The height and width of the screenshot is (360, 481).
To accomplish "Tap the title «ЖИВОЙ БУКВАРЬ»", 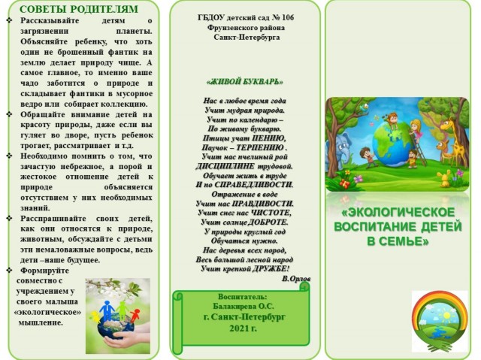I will [x=244, y=80].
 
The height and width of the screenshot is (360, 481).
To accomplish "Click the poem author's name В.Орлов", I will [x=295, y=278].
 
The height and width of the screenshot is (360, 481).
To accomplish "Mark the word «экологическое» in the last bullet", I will [x=47, y=310].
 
